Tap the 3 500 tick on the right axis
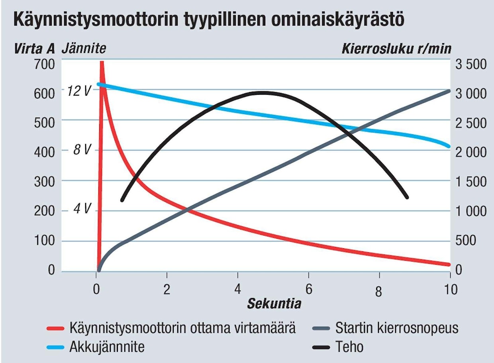point(471,64)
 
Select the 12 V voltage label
point(79,91)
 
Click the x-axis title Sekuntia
point(274,304)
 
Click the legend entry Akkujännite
point(107,347)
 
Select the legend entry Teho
point(349,347)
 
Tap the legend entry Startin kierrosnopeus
point(396,328)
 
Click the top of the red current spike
point(102,62)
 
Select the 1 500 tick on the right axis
point(471,182)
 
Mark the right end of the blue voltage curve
point(449,146)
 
